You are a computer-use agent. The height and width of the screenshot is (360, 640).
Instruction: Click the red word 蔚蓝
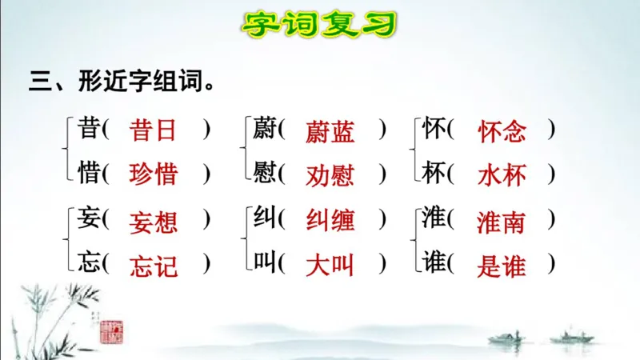tap(330, 131)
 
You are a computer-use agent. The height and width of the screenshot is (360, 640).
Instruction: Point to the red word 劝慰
tap(330, 174)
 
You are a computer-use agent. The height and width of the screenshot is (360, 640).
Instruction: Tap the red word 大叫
tap(330, 266)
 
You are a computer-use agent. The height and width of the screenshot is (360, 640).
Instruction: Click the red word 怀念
tap(502, 131)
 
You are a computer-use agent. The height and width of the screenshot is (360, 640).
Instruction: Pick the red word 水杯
tap(502, 174)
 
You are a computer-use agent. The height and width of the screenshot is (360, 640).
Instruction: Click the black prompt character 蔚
tap(264, 129)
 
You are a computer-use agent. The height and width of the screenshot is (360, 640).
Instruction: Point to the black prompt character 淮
tap(434, 218)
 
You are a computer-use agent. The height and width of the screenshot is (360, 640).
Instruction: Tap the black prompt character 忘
tap(89, 262)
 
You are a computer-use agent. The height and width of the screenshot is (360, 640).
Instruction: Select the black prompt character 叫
tap(264, 262)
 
